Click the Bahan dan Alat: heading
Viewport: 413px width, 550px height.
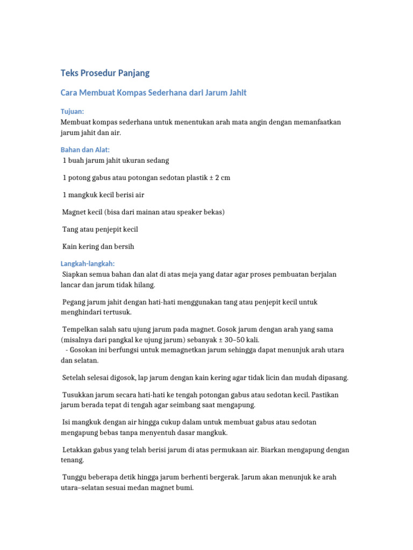coord(85,150)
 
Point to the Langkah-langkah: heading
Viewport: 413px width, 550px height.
coord(88,264)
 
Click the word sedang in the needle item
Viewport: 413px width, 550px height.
coord(158,161)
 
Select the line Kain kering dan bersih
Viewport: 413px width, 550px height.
coord(98,247)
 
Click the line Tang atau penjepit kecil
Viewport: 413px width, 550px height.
coord(101,229)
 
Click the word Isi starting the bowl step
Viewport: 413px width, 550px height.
coord(67,423)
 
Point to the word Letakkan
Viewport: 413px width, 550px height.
coord(79,450)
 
